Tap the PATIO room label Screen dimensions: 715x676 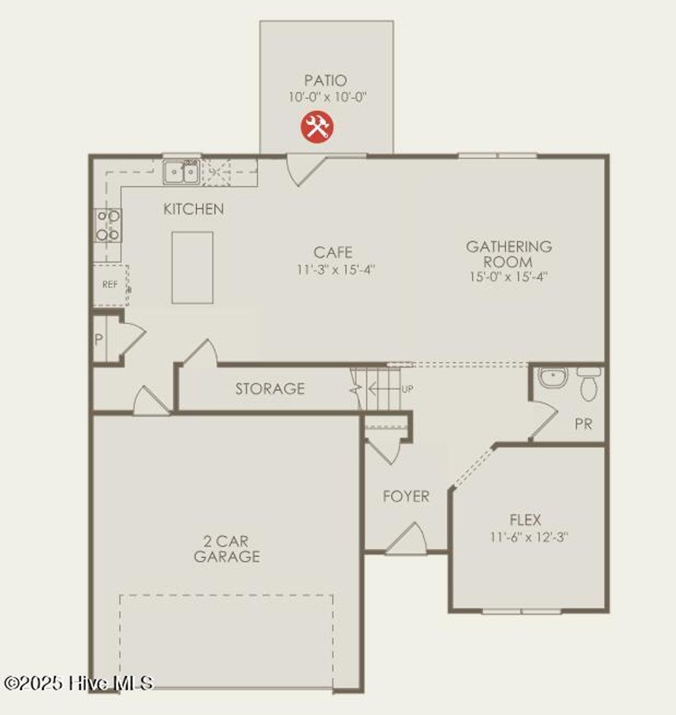pos(325,81)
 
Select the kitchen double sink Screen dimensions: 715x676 pos(182,172)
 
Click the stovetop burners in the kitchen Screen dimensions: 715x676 pos(108,225)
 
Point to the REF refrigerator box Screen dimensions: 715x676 pos(110,285)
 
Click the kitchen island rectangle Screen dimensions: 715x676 pos(192,268)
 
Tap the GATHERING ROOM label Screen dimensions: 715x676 pos(508,254)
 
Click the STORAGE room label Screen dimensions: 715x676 pos(270,389)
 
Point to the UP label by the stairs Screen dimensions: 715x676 pos(407,389)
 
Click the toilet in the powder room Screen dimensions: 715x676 pos(588,383)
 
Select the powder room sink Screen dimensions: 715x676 pos(552,377)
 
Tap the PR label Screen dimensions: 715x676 pos(583,424)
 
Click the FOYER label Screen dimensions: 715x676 pos(406,496)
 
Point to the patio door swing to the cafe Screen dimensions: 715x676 pos(302,169)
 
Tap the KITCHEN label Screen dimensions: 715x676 pos(193,209)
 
